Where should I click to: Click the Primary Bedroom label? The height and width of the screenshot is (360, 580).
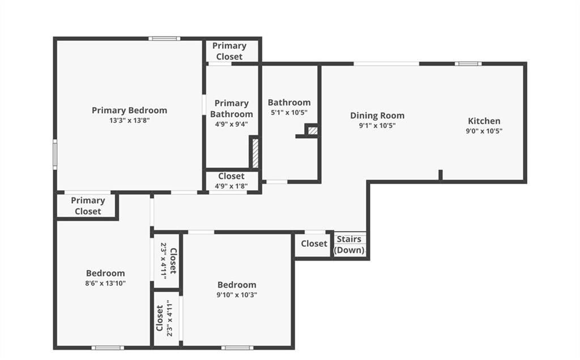[x=130, y=110]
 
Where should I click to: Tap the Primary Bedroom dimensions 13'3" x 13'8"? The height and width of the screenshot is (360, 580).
[x=130, y=121]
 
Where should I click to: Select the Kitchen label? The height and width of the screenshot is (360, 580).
[x=484, y=121]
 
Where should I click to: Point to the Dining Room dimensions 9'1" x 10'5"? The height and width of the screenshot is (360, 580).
[x=377, y=126]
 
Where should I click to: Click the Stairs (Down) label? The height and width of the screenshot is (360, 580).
[x=349, y=245]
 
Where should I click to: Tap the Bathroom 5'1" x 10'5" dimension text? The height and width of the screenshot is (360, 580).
[x=289, y=113]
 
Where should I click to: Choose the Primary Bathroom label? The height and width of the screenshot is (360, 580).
[x=232, y=109]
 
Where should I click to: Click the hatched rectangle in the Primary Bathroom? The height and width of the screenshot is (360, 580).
[x=255, y=153]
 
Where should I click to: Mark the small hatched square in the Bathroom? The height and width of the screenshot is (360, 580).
[x=313, y=131]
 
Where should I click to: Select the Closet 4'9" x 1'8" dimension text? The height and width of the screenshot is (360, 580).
[x=231, y=186]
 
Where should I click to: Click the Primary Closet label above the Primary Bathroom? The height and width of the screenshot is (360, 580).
[x=229, y=51]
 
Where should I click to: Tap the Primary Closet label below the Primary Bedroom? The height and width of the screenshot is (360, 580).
[x=88, y=206]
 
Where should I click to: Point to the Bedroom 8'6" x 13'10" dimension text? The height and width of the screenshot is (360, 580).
[x=105, y=284]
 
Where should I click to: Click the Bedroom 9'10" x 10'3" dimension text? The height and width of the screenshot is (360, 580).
[x=237, y=295]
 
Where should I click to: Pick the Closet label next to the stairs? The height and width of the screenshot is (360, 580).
[x=314, y=243]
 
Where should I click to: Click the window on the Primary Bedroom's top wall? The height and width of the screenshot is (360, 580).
[x=165, y=38]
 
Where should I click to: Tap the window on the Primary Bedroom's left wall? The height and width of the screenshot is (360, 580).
[x=55, y=155]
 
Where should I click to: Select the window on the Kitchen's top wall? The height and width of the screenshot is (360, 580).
[x=468, y=64]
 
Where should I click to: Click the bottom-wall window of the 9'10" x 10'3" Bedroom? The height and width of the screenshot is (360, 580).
[x=237, y=348]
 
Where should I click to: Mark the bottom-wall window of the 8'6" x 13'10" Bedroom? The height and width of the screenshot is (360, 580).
[x=108, y=348]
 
